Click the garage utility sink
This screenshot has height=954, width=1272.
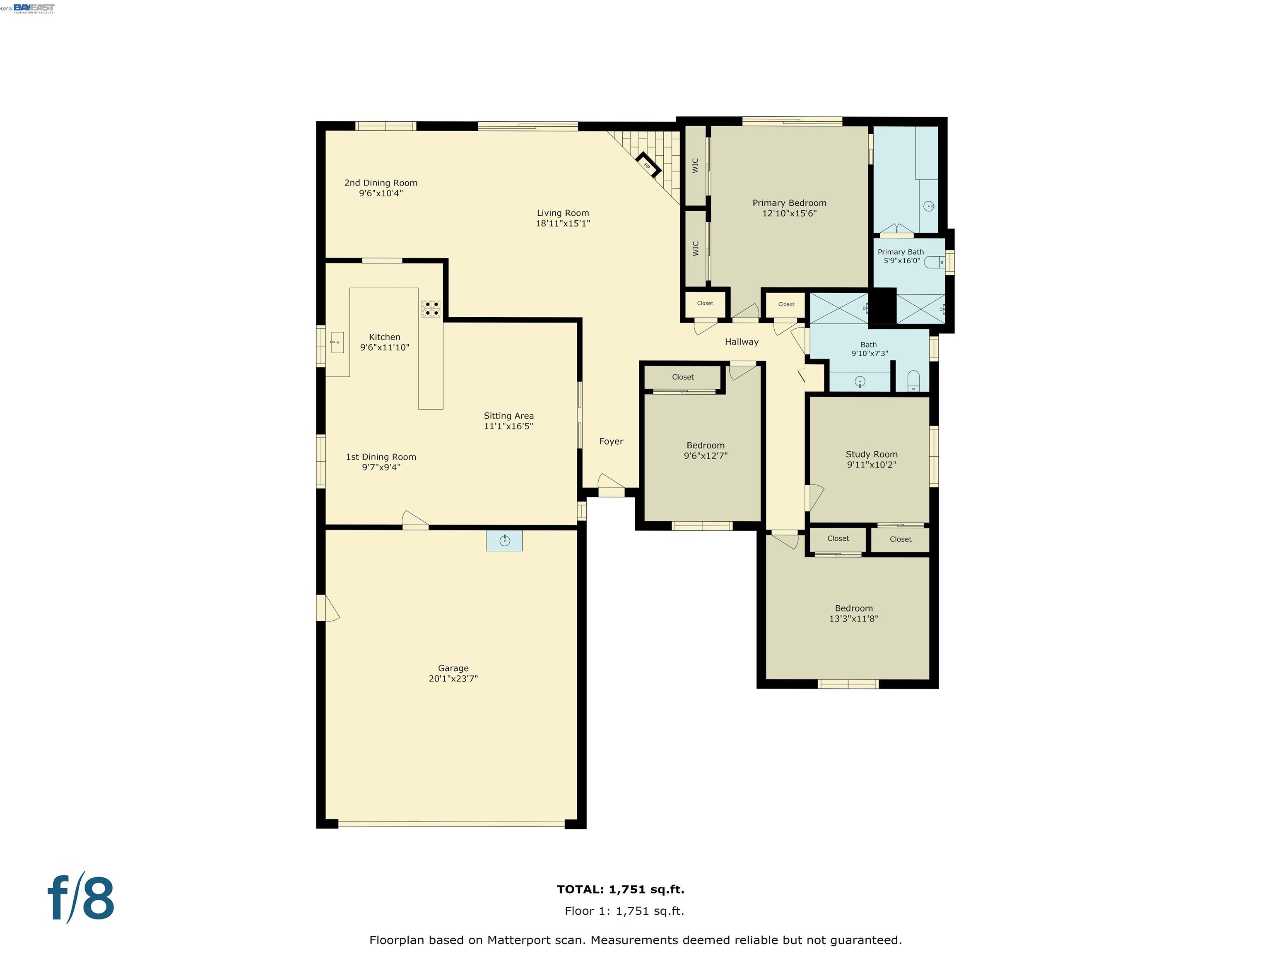504,540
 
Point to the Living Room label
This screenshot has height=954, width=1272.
562,213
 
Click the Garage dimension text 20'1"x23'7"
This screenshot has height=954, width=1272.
453,679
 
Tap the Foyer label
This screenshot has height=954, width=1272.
611,442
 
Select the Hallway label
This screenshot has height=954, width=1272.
741,342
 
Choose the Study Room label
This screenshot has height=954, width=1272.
871,454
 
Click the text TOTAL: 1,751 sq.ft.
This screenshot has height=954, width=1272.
621,889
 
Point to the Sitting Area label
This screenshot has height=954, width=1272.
508,416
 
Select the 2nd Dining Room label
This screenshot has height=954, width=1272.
381,183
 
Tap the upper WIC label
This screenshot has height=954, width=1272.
695,166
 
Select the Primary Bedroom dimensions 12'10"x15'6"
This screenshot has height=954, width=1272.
789,213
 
